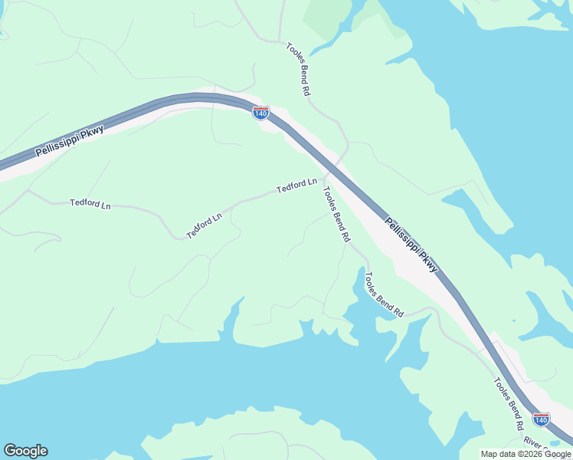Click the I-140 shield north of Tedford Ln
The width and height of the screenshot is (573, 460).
click(x=260, y=113)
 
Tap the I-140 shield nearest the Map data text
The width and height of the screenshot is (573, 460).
click(x=541, y=419)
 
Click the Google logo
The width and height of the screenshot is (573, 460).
click(x=25, y=451)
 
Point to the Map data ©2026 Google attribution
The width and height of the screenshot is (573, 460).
click(x=526, y=454)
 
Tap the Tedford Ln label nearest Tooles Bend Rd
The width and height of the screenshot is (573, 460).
click(x=296, y=185)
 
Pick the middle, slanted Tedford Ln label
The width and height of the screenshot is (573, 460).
click(x=205, y=225)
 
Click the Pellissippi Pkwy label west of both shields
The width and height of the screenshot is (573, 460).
click(x=69, y=141)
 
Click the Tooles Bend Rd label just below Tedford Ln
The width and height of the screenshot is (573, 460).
click(x=336, y=215)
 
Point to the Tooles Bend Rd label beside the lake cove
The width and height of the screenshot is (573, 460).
click(x=384, y=295)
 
